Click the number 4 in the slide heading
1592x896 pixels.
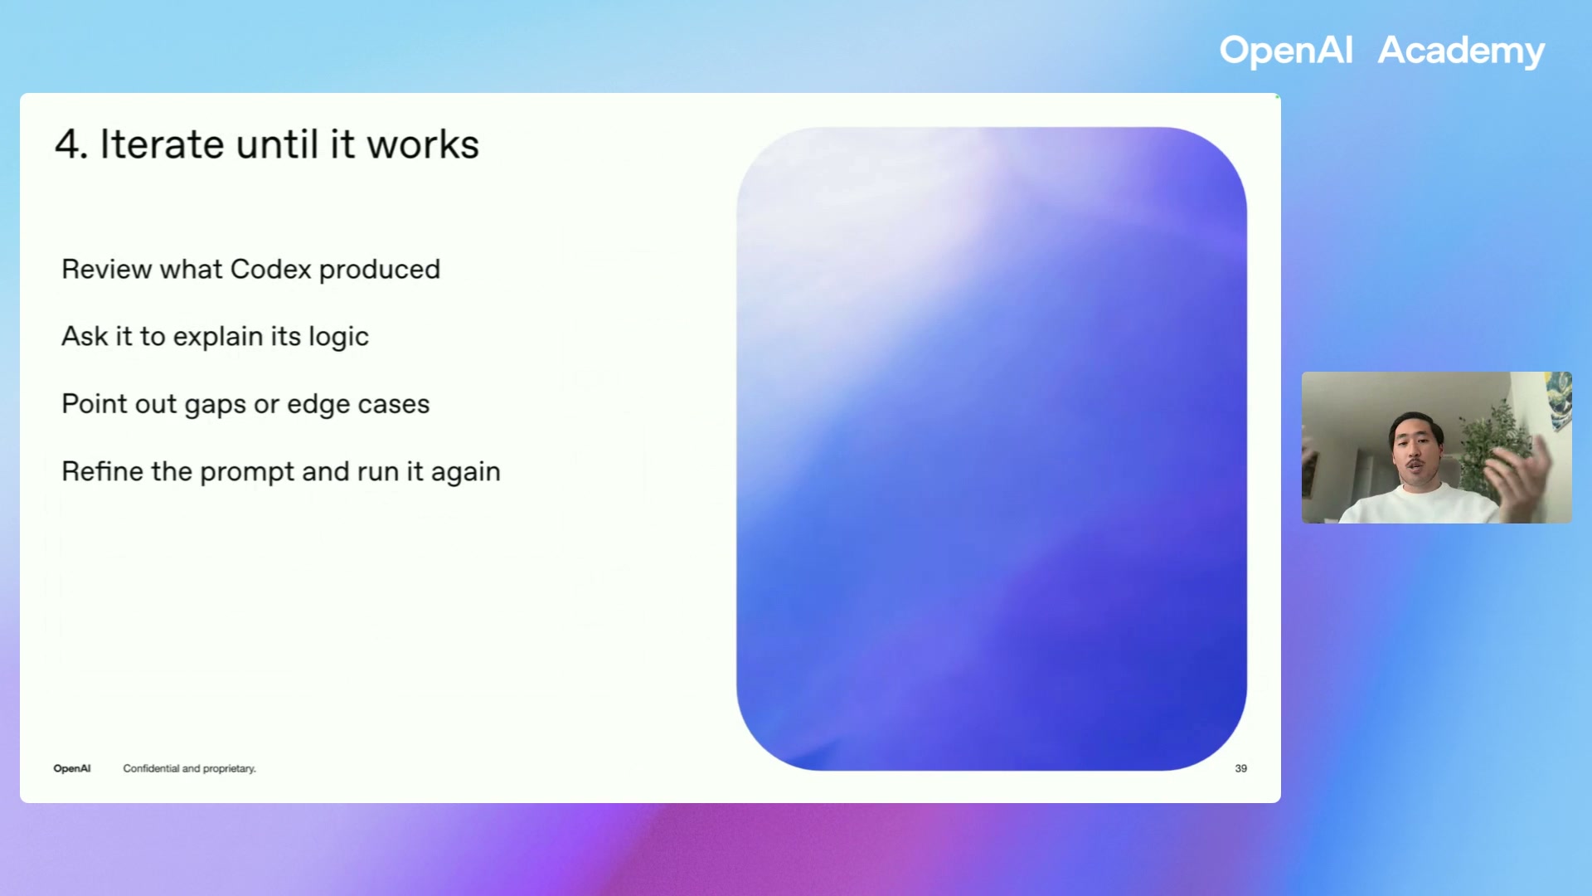69,145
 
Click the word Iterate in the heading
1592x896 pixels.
162,145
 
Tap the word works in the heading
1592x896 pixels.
423,145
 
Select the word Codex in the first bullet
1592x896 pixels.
270,270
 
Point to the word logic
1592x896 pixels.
338,338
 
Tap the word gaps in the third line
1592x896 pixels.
215,405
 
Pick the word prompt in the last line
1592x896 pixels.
246,472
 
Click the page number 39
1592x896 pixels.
1240,768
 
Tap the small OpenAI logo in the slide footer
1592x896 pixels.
72,768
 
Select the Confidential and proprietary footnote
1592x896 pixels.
189,768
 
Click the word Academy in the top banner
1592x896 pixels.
1460,51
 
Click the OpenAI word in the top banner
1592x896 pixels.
1285,51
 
